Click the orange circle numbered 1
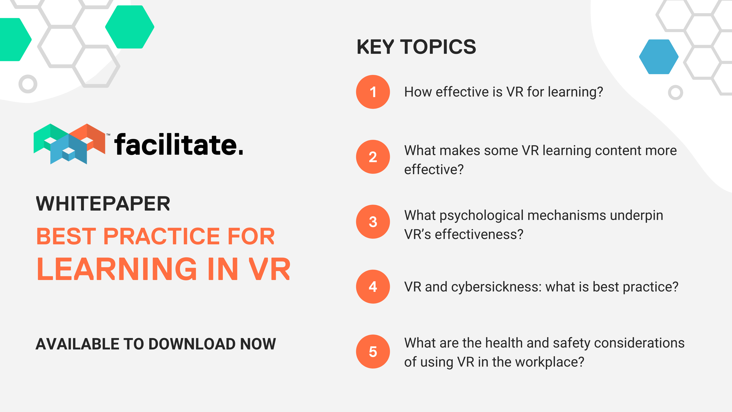373,92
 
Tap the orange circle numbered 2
373,157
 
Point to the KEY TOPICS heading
416,47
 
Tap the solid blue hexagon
659,57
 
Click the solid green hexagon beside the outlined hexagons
130,27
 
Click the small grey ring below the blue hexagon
675,92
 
